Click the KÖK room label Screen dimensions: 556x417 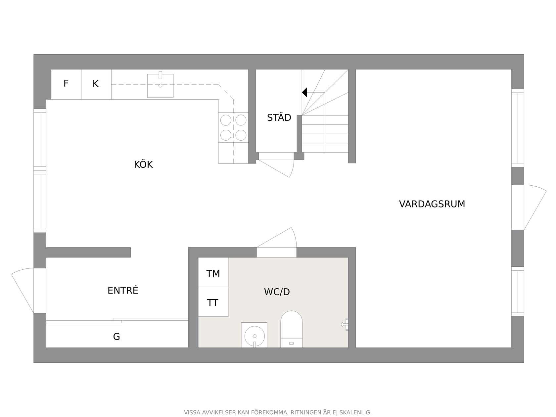pos(143,164)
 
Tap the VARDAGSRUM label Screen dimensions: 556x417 pos(432,204)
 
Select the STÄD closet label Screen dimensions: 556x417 pos(279,117)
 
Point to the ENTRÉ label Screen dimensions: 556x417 pos(123,290)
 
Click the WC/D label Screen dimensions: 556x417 pos(277,292)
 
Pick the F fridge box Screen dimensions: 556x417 pos(66,84)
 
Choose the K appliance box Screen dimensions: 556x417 pos(96,84)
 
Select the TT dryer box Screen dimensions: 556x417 pos(213,302)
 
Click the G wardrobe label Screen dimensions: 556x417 pos(116,337)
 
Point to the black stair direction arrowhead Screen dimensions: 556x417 pos(304,92)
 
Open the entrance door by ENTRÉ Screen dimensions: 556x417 pos(22,290)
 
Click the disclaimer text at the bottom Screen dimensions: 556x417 pos(278,412)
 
